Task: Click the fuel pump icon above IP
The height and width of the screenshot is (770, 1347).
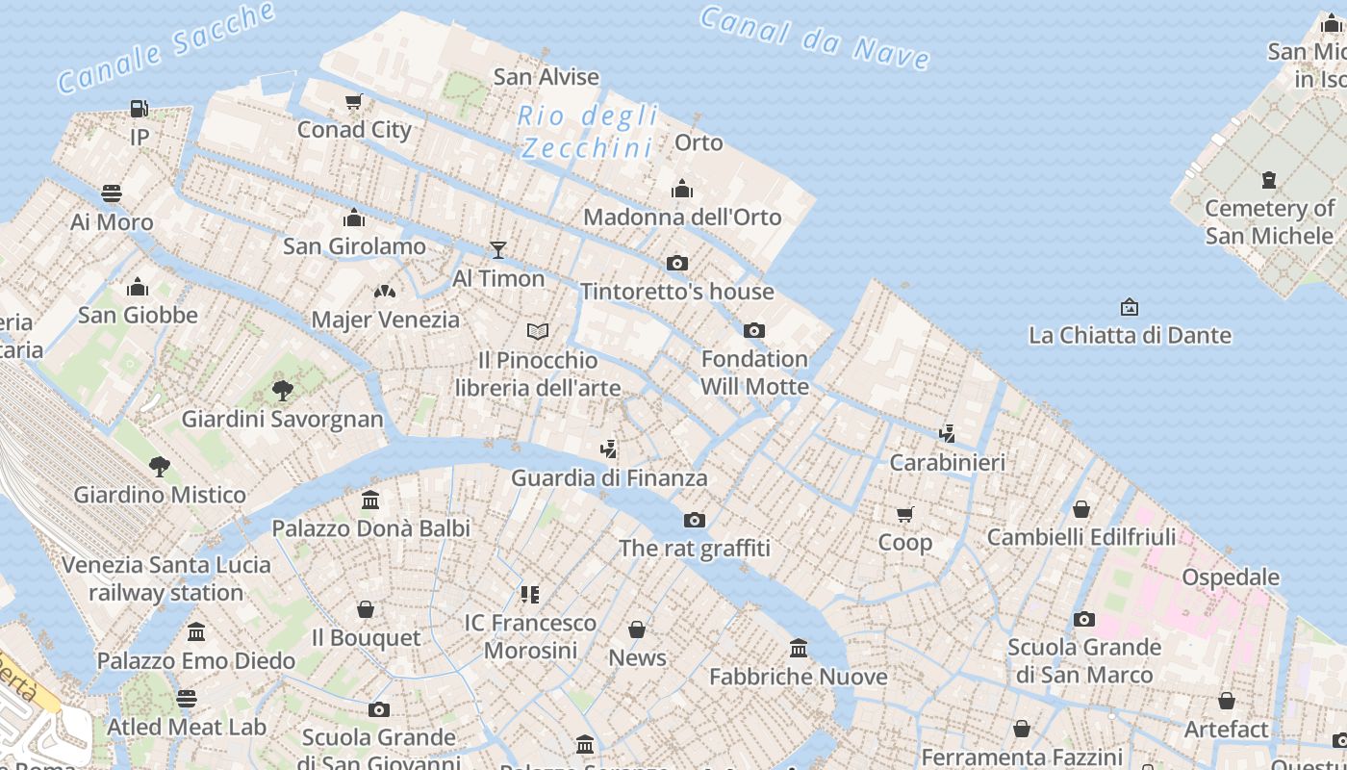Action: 140,109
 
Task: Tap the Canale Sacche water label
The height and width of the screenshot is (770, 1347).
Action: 165,47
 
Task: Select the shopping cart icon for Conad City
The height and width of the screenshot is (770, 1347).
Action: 354,101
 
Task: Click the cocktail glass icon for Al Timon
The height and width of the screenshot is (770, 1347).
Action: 497,250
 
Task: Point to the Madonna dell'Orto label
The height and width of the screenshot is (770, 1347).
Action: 682,218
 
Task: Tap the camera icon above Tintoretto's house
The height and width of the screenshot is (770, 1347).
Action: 677,263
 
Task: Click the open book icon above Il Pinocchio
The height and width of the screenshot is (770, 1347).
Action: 538,331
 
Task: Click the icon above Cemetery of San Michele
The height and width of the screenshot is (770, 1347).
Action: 1269,179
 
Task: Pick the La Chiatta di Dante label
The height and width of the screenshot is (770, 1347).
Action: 1130,336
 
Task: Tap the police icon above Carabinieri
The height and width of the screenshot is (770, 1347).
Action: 948,434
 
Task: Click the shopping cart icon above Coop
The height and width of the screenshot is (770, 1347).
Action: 904,514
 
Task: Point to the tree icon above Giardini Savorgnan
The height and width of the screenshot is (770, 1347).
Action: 283,390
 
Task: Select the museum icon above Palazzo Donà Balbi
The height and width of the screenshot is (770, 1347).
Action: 370,500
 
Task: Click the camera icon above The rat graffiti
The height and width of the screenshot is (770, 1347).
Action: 694,520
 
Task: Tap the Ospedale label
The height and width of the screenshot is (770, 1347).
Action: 1231,577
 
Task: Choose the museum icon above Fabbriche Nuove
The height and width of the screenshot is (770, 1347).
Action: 799,648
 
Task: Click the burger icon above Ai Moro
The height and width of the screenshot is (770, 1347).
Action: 112,193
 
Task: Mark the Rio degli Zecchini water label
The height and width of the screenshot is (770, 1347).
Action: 587,132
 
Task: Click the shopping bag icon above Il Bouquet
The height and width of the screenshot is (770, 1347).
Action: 366,609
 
